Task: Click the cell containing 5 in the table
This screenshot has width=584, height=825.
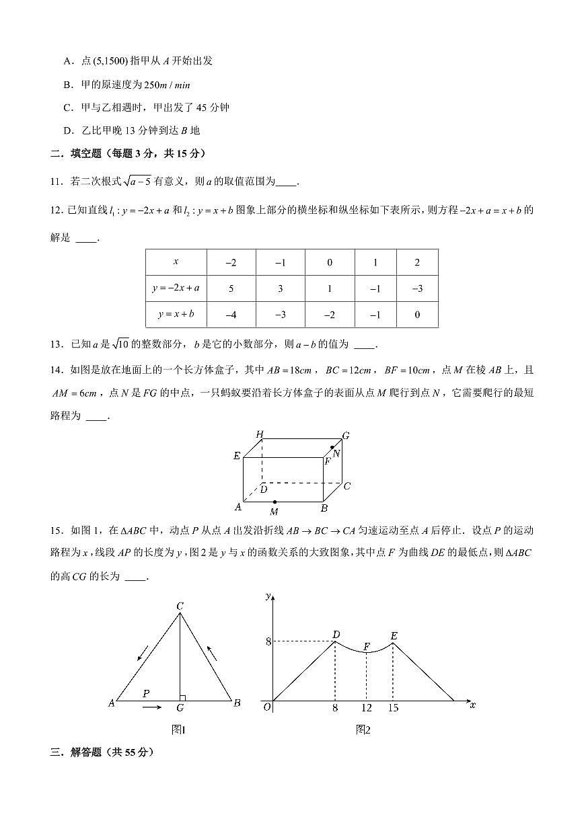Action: coord(231,288)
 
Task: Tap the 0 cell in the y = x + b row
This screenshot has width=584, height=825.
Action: coord(417,314)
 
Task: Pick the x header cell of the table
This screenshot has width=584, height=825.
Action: coord(176,262)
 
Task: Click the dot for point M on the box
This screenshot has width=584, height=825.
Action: coord(275,502)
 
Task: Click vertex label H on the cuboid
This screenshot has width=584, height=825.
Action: coord(259,435)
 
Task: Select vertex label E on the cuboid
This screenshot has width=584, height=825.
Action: coord(237,457)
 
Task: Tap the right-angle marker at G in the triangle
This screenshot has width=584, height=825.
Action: coord(182,698)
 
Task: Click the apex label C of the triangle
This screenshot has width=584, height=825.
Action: coord(180,606)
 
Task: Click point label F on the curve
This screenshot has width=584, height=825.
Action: coord(367,647)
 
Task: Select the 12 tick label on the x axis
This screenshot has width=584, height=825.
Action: coord(366,708)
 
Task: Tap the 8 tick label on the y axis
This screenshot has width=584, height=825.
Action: coord(268,642)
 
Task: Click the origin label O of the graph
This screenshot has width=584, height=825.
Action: coord(266,707)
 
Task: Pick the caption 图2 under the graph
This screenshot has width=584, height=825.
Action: coord(363,730)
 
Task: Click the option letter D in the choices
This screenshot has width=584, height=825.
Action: coord(67,130)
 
